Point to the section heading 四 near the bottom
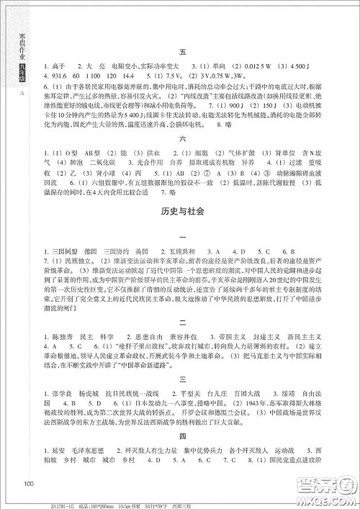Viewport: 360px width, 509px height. [182, 456]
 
